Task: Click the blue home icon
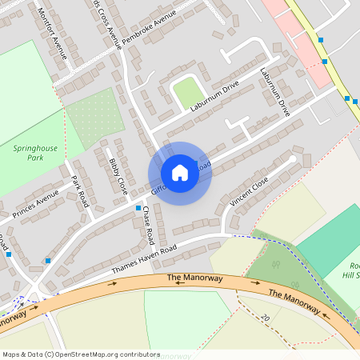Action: pyautogui.click(x=180, y=173)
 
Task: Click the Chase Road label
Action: pyautogui.click(x=150, y=226)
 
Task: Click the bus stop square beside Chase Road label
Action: pyautogui.click(x=138, y=208)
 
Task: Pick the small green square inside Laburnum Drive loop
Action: pyautogui.click(x=190, y=92)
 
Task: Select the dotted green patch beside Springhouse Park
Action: pyautogui.click(x=96, y=118)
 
